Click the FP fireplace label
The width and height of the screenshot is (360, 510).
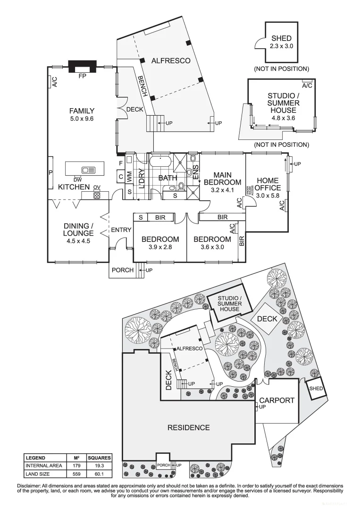point(82,76)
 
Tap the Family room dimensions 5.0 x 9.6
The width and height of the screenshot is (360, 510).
point(82,119)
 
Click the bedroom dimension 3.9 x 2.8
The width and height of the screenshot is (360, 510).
point(160,247)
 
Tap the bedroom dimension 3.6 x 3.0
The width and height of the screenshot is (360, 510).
point(212,247)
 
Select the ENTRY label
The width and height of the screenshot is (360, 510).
point(121,230)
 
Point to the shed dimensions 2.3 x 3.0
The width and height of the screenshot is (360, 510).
point(281,46)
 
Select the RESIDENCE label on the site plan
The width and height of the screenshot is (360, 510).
point(189,428)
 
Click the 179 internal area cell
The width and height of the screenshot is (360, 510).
point(76,466)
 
